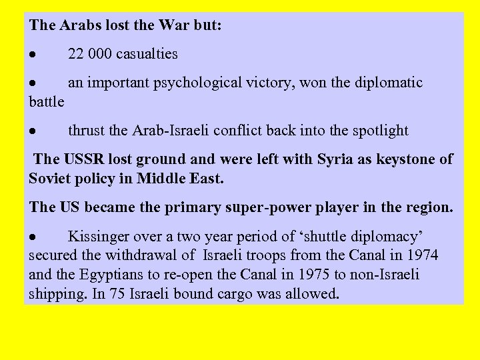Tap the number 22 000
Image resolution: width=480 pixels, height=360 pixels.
click(x=90, y=54)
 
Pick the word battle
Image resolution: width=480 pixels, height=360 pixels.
click(x=47, y=101)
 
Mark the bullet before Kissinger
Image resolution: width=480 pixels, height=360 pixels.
click(x=33, y=237)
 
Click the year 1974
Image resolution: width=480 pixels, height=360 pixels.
click(x=420, y=255)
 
